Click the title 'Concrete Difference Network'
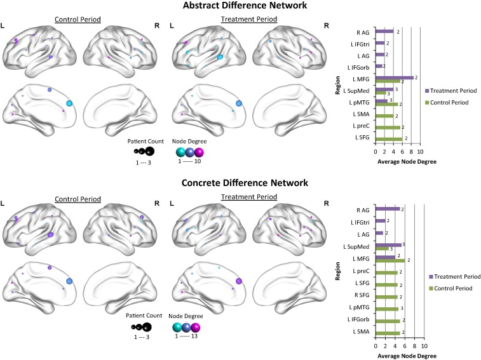240,183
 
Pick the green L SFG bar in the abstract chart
389,138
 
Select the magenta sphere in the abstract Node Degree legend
199,152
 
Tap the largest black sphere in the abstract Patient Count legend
149,151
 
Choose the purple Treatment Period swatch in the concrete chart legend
431,277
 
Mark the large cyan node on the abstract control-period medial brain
70,103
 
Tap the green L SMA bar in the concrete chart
388,331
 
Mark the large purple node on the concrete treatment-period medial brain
240,281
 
